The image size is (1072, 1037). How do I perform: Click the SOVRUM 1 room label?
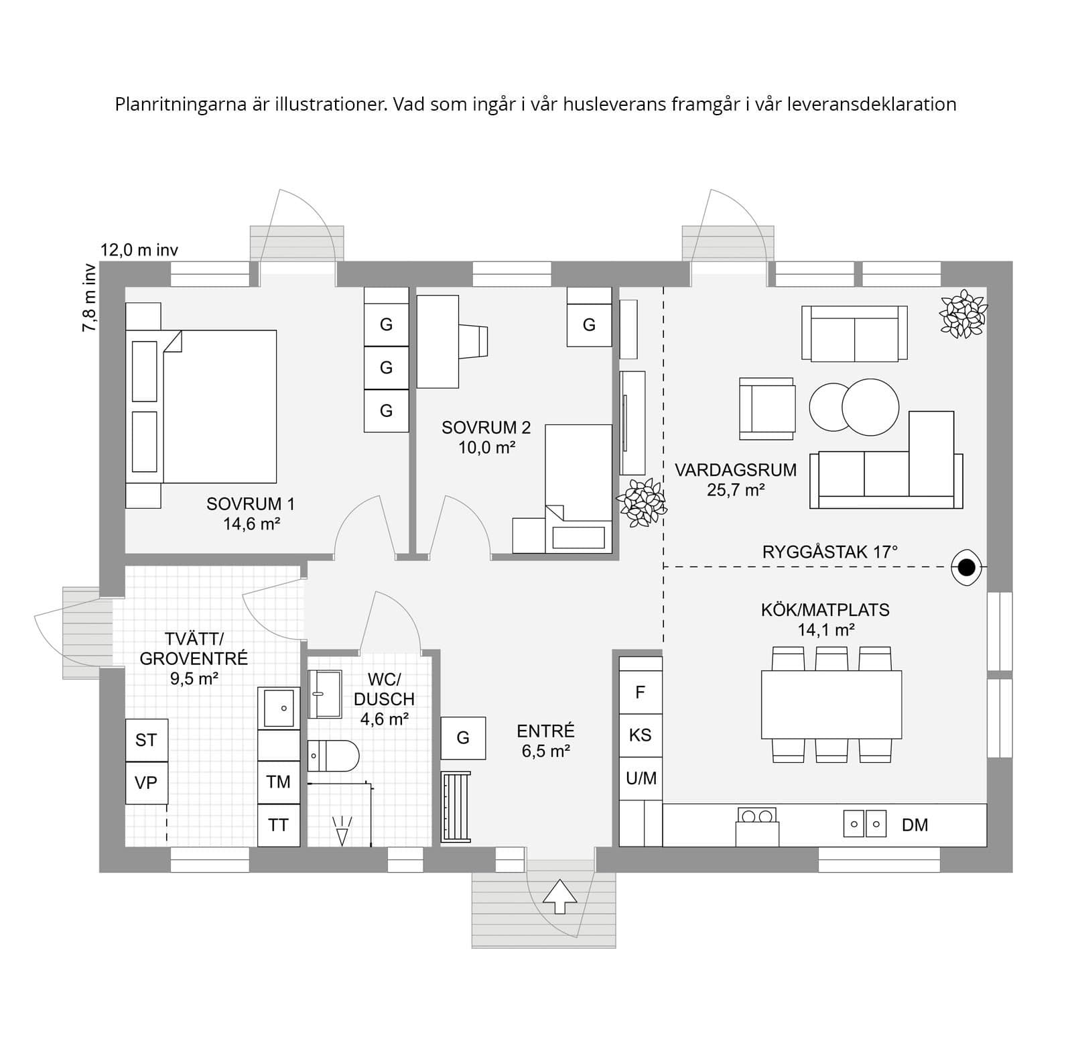pos(251,504)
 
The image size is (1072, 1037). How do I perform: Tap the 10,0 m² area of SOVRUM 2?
pos(486,447)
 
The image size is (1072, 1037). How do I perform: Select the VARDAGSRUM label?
pos(736,470)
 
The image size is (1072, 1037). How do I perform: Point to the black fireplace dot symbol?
pos(966,568)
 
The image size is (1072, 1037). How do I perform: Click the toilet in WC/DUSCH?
pos(333,756)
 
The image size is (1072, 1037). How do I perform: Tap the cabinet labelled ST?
pos(146,740)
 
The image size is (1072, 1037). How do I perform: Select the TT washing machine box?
pos(279,825)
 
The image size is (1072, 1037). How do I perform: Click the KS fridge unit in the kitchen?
pos(640,735)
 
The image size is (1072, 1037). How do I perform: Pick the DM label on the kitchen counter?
pos(915,825)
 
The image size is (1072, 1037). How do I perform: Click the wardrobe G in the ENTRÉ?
pos(463,738)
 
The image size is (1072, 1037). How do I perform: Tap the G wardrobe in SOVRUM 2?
pos(589,325)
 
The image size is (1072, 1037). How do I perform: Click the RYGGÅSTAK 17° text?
pos(829,552)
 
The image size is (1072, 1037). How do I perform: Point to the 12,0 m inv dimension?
pos(139,251)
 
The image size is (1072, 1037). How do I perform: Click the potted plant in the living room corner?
pos(963,313)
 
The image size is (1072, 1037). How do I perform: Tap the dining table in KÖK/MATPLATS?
pos(831,705)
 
